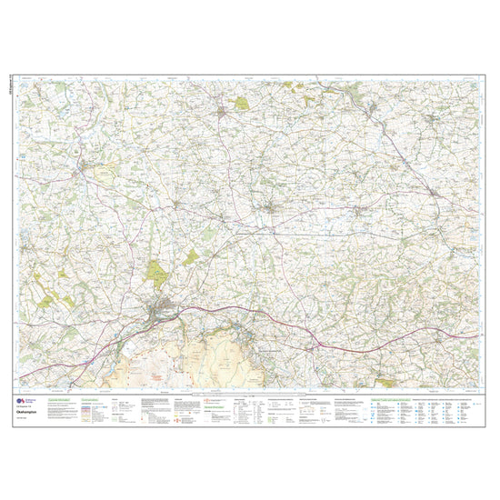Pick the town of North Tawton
[x=273, y=210]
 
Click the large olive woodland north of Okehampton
[x=158, y=272]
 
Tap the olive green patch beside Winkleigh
[x=242, y=104]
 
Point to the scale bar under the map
[x=250, y=393]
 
